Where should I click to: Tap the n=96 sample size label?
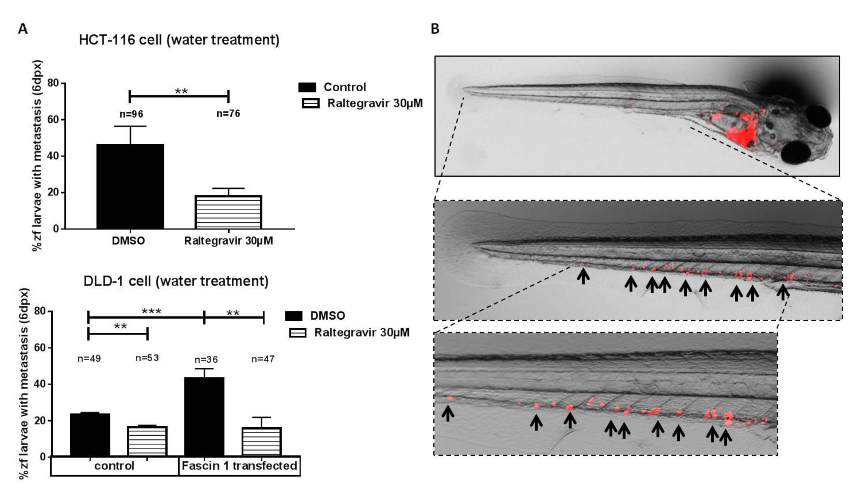point(131,114)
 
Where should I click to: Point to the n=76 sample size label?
point(228,113)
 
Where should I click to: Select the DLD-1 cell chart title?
point(176,281)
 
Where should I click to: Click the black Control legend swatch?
point(307,87)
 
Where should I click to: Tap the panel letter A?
point(23,29)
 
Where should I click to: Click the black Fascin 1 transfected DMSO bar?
point(204,416)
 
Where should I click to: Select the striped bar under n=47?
point(262,442)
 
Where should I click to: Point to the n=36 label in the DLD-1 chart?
point(206,359)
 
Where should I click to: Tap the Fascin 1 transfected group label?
point(239,466)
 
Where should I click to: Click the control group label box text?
point(114,466)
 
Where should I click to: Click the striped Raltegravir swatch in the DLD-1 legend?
point(297,333)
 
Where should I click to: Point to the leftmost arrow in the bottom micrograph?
point(448,413)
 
